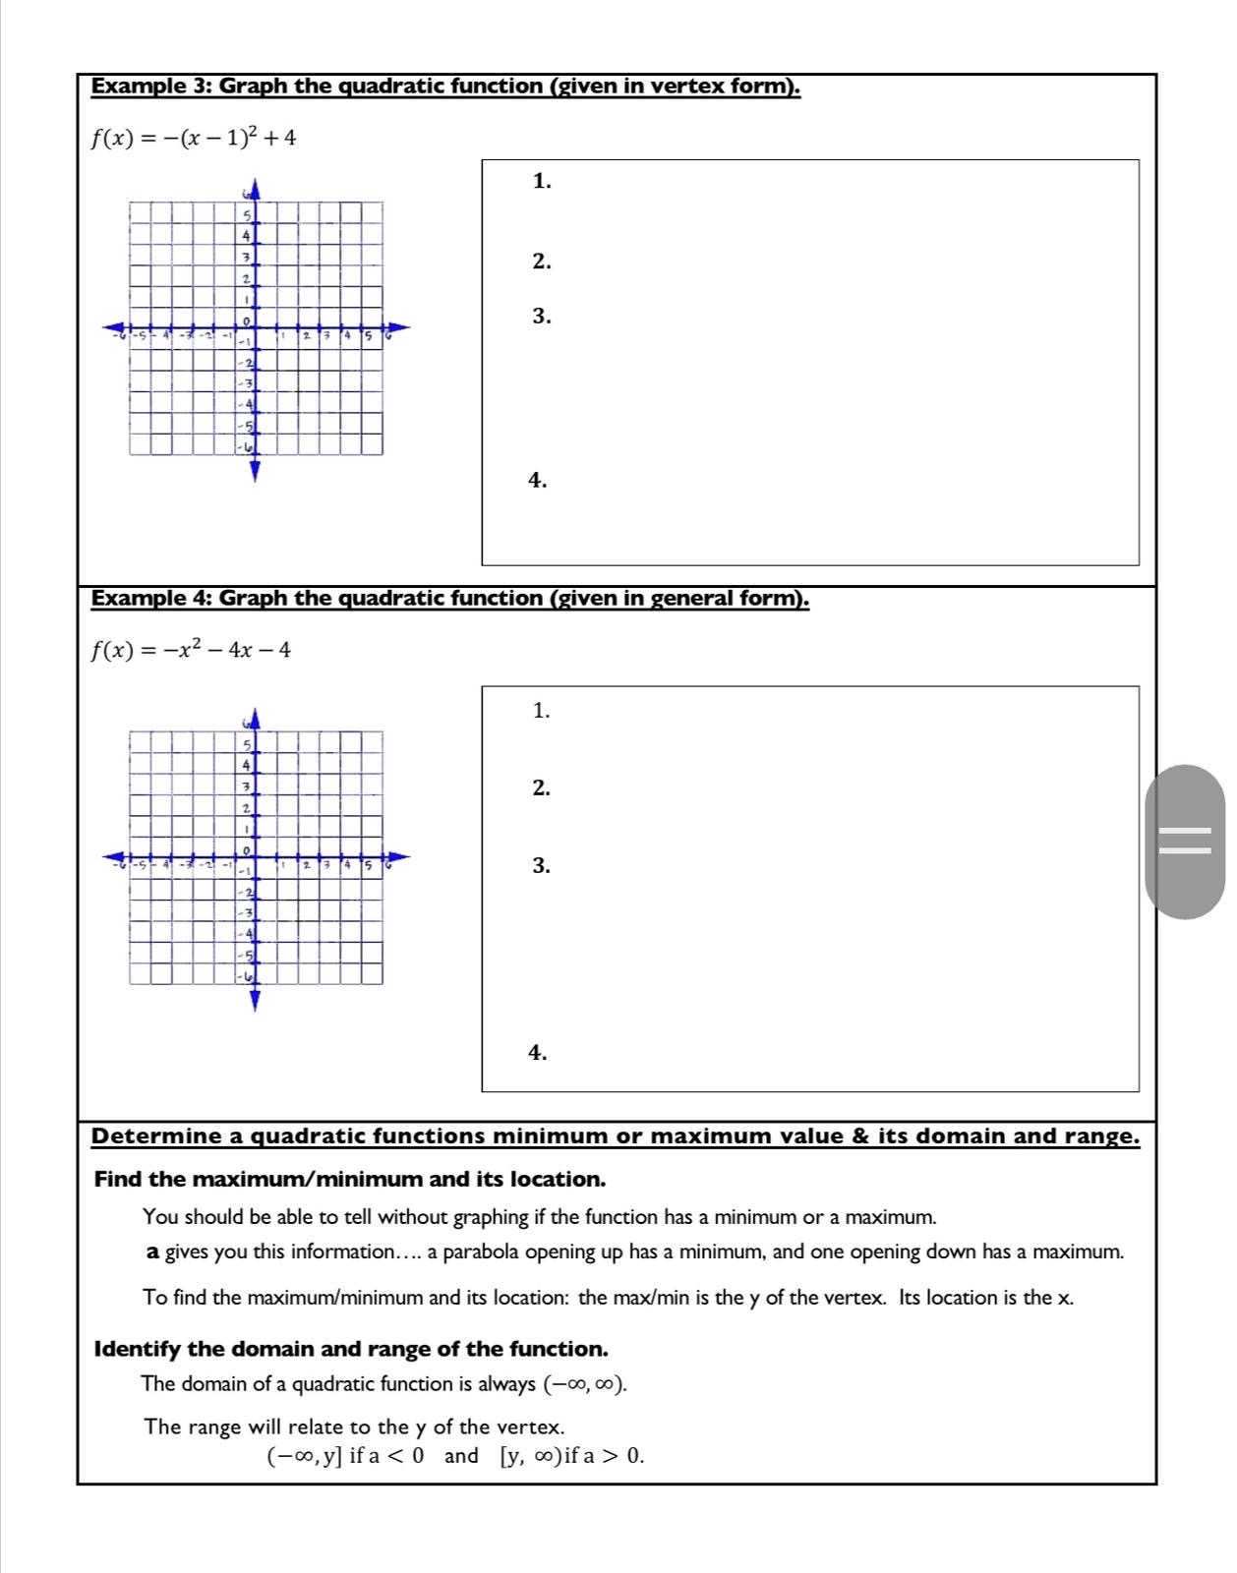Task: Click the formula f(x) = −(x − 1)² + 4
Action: coord(193,138)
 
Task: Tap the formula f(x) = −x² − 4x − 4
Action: coord(191,650)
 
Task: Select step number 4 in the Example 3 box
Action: coord(537,480)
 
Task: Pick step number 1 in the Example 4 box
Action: coord(541,711)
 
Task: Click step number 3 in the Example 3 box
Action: coord(541,317)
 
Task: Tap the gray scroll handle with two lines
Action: coord(1185,842)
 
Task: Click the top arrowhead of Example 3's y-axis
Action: coord(255,187)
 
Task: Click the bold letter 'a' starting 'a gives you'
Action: coord(152,1253)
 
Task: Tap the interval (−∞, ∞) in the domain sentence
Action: coord(584,1384)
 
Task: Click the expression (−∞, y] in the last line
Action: coord(305,1456)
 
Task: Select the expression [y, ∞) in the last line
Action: coord(531,1456)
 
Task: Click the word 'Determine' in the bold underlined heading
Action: coord(156,1136)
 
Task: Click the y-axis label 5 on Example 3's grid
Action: coord(248,215)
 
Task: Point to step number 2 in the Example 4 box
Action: coord(541,787)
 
